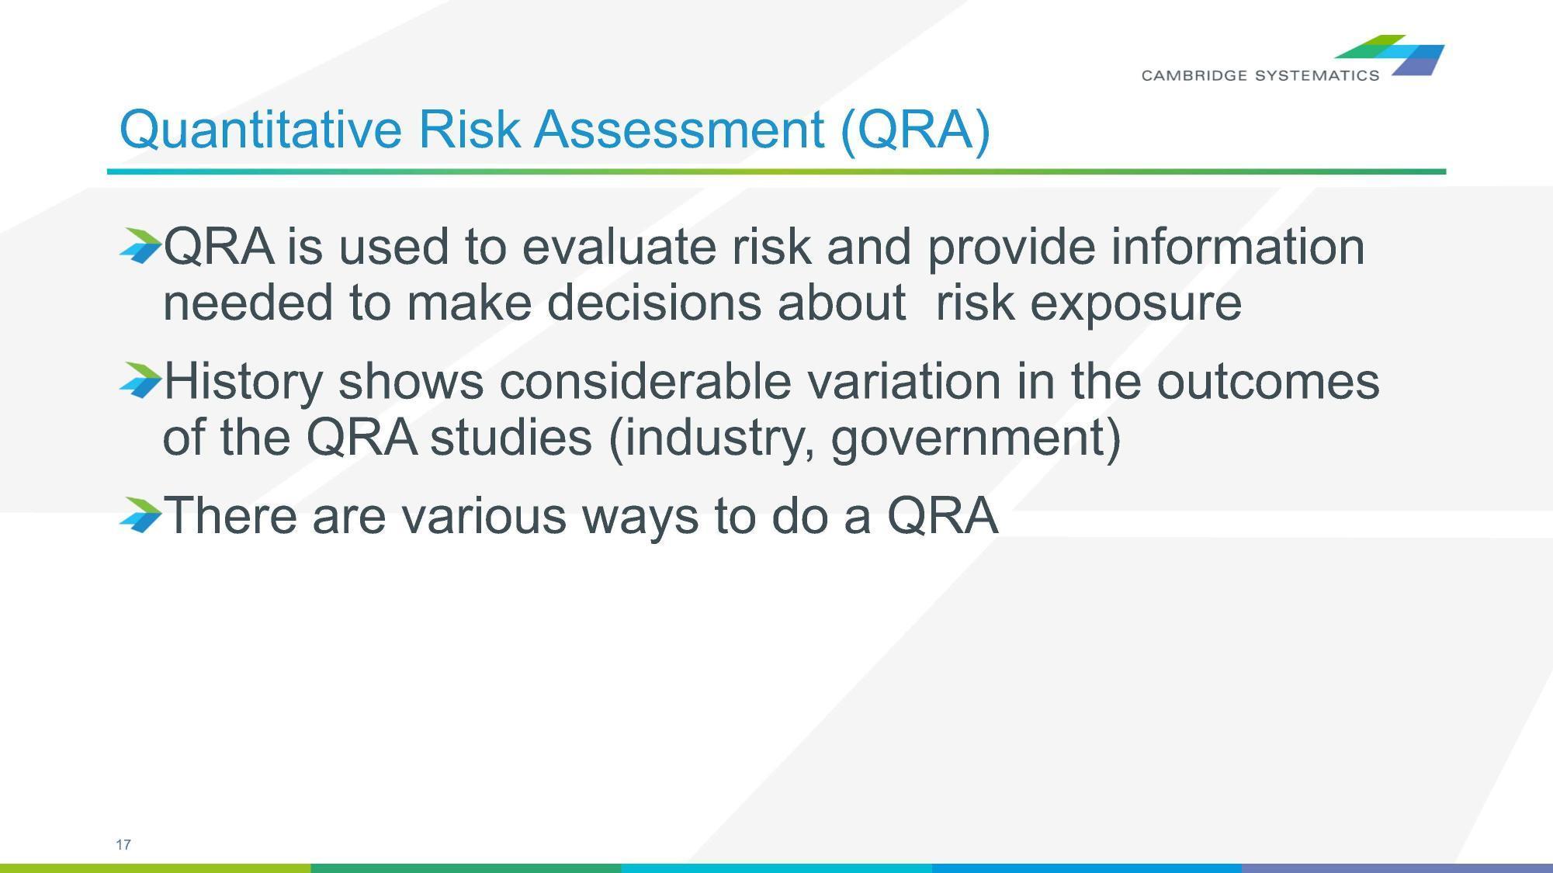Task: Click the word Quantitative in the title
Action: pyautogui.click(x=260, y=130)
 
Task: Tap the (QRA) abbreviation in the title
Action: pyautogui.click(x=915, y=130)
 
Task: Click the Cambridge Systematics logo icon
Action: pyautogui.click(x=1397, y=54)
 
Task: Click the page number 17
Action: pyautogui.click(x=123, y=844)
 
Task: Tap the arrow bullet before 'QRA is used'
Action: pyautogui.click(x=140, y=245)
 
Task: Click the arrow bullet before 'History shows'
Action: pyautogui.click(x=140, y=380)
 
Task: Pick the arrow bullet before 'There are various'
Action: pyautogui.click(x=140, y=514)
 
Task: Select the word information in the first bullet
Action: pyautogui.click(x=1237, y=247)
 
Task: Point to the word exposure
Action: pyautogui.click(x=1135, y=303)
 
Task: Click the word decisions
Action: pyautogui.click(x=653, y=303)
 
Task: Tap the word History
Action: pyautogui.click(x=243, y=382)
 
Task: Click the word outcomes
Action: pyautogui.click(x=1267, y=382)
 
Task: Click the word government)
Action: pyautogui.click(x=976, y=438)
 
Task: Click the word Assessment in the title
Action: pyautogui.click(x=678, y=130)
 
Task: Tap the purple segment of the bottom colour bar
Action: pyautogui.click(x=1397, y=868)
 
